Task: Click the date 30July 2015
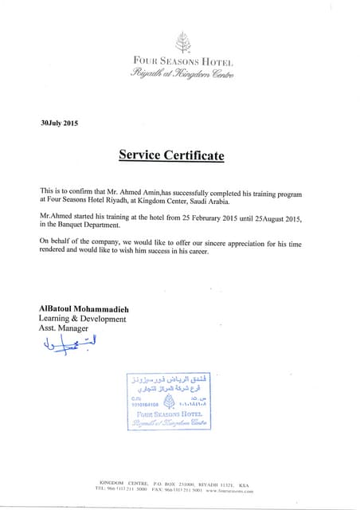click(x=60, y=124)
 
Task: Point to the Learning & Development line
click(x=82, y=320)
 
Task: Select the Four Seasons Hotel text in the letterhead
click(x=182, y=62)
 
